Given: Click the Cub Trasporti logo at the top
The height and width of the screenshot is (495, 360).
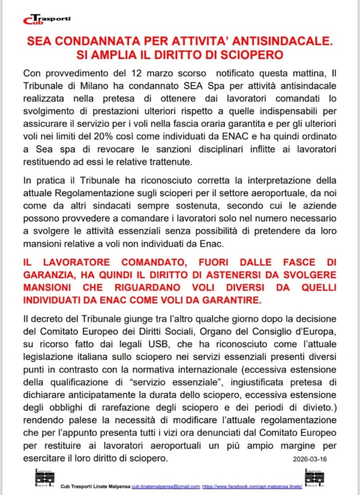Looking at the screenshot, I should pyautogui.click(x=46, y=19).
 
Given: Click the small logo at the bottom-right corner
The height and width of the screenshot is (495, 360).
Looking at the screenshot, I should pyautogui.click(x=311, y=479).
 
